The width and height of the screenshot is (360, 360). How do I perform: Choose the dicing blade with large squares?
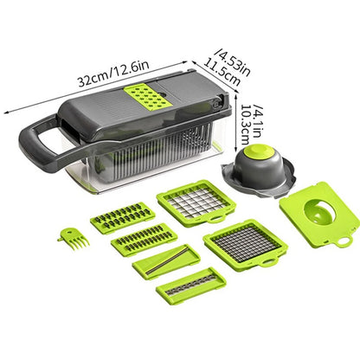196,205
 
